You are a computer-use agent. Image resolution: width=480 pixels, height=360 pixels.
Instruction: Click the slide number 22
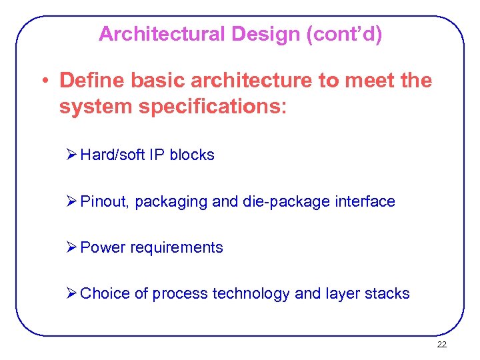pos(441,345)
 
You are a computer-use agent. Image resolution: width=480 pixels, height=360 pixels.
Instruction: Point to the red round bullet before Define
pos(43,81)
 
